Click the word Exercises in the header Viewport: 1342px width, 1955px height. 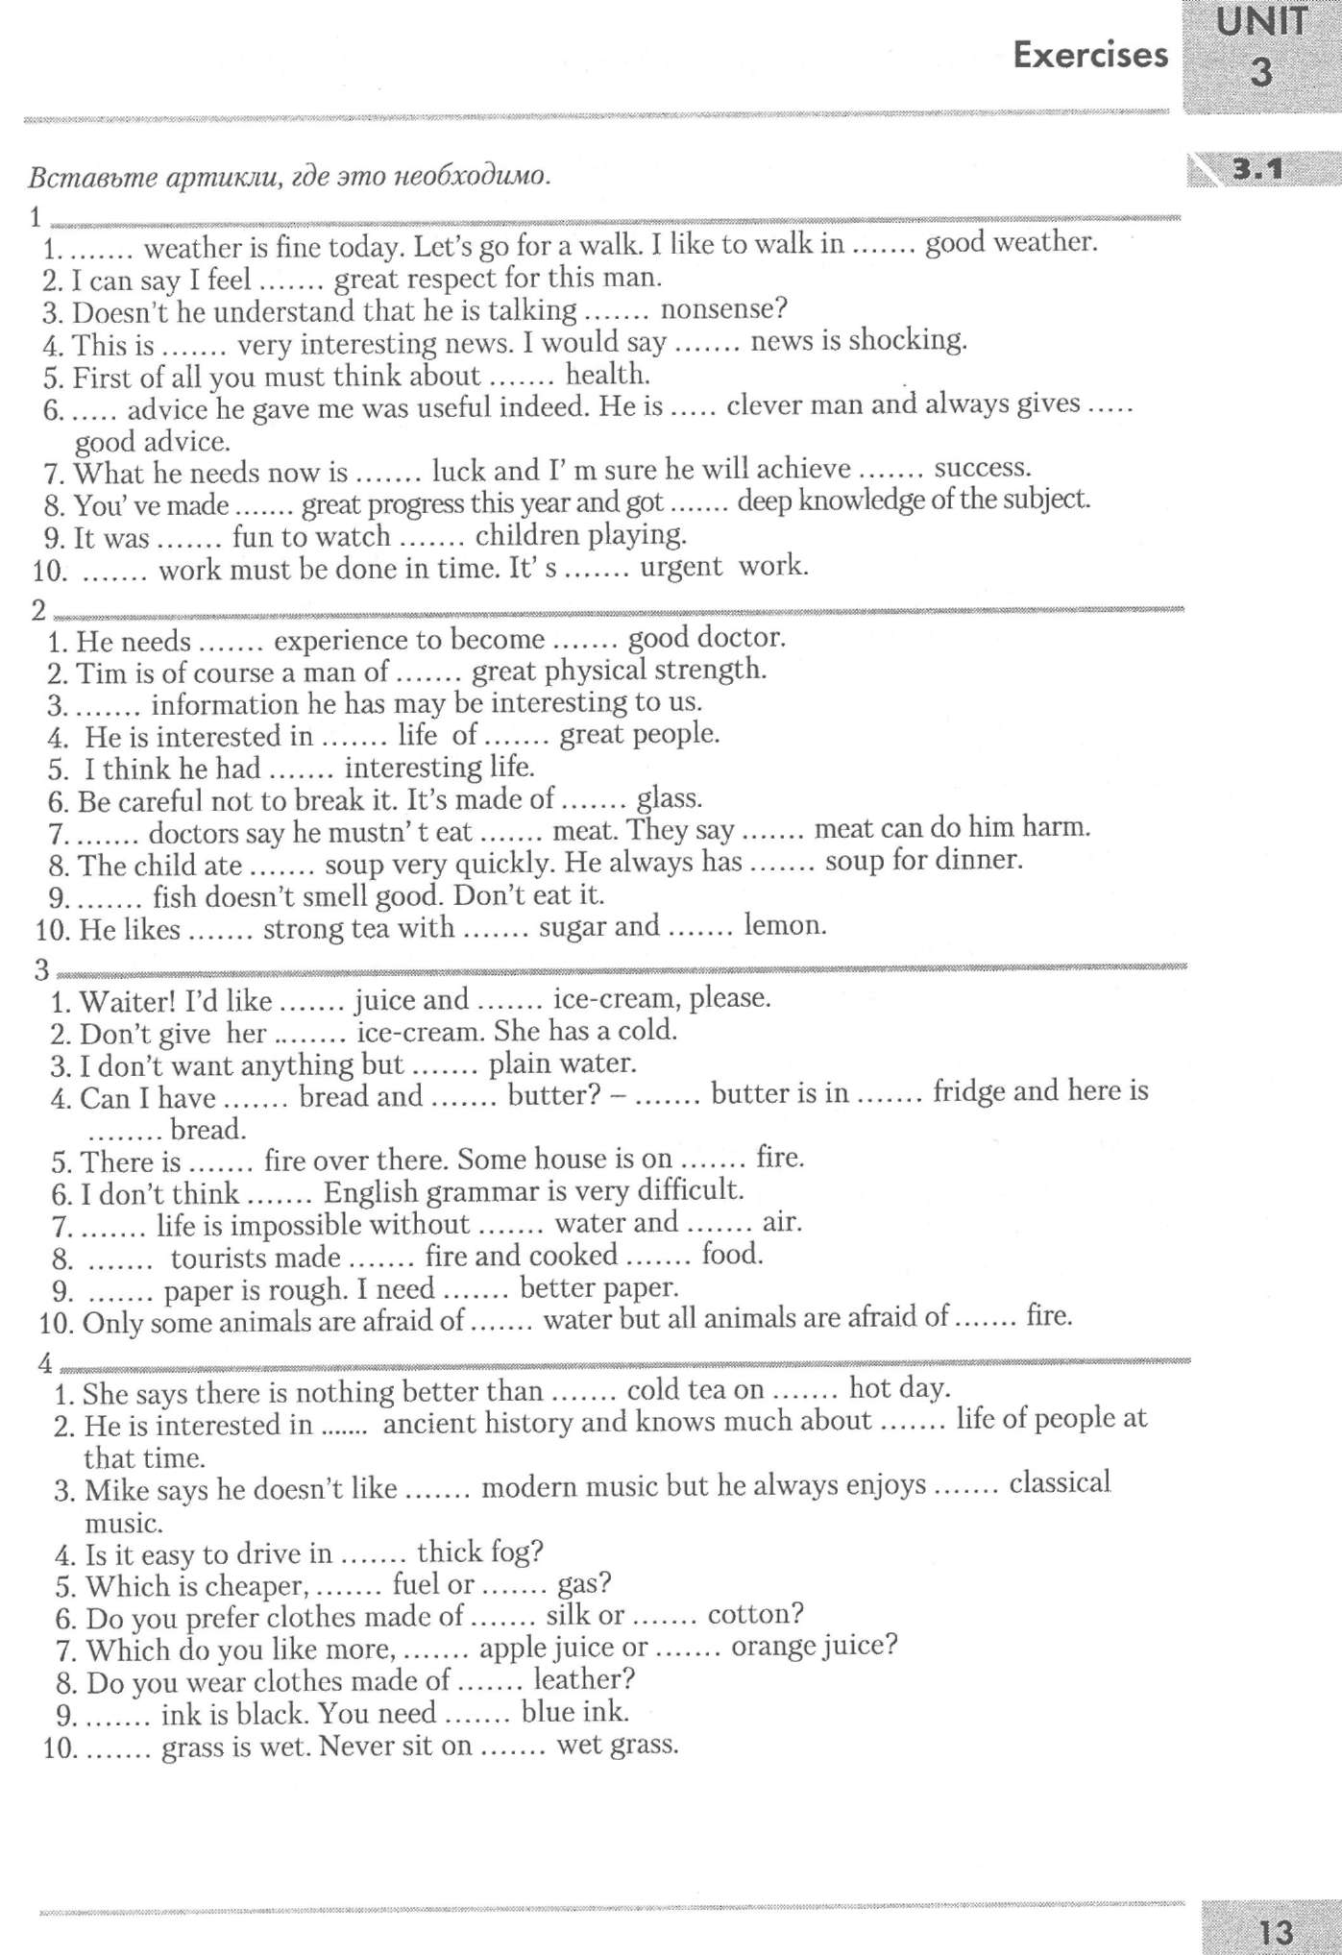(1090, 55)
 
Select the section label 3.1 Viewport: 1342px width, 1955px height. (1257, 170)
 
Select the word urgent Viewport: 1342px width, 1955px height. (680, 566)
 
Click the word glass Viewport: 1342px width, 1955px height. (669, 797)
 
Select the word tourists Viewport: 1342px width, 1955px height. (255, 1257)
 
